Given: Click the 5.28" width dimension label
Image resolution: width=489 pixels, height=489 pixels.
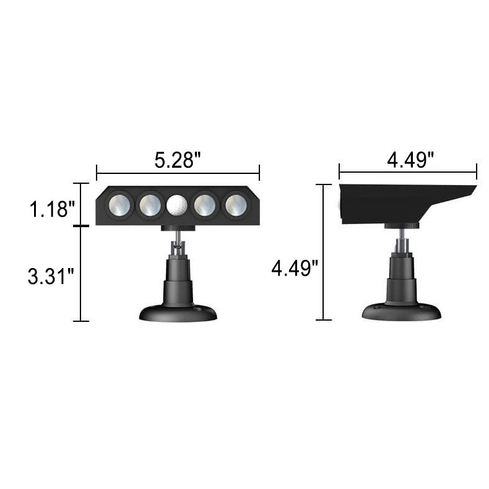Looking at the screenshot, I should click(x=178, y=163).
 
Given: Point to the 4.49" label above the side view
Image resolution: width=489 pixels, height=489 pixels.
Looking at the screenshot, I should click(x=409, y=160).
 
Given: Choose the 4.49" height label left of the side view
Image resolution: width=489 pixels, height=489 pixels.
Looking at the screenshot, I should click(x=295, y=269).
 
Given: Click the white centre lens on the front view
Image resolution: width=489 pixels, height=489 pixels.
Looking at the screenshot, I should click(x=177, y=204).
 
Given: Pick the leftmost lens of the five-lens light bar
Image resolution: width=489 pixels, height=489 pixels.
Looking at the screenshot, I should click(x=119, y=204).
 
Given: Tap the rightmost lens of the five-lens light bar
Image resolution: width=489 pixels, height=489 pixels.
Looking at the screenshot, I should click(x=235, y=204).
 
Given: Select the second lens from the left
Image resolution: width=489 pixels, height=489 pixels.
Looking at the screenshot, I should click(x=149, y=204).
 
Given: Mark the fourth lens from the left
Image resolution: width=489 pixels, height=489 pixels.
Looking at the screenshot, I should click(x=206, y=204).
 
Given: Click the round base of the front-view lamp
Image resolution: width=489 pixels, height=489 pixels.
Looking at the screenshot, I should click(x=178, y=312).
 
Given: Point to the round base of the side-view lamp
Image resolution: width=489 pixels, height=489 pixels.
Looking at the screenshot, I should click(x=401, y=311).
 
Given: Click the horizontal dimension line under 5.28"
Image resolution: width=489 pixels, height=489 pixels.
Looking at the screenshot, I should click(x=178, y=174).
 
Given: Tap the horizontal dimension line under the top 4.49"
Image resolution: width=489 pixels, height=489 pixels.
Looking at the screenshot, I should click(x=408, y=171).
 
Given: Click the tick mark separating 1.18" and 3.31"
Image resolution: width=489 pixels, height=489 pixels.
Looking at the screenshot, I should click(x=81, y=226).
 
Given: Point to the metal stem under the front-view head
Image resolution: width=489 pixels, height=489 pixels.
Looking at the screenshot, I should click(x=178, y=238).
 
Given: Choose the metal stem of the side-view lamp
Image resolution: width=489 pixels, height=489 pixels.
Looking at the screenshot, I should click(x=402, y=238).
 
